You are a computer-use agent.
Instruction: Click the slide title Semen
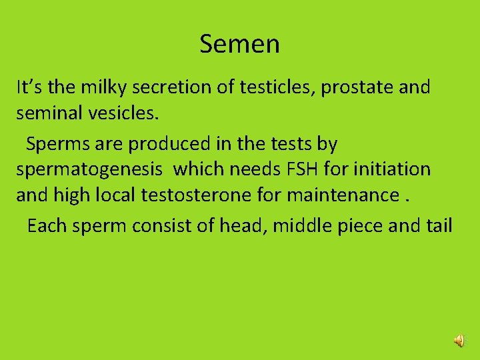click(x=239, y=44)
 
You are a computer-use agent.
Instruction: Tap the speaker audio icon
click(x=460, y=341)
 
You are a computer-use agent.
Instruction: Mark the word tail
click(x=437, y=226)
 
